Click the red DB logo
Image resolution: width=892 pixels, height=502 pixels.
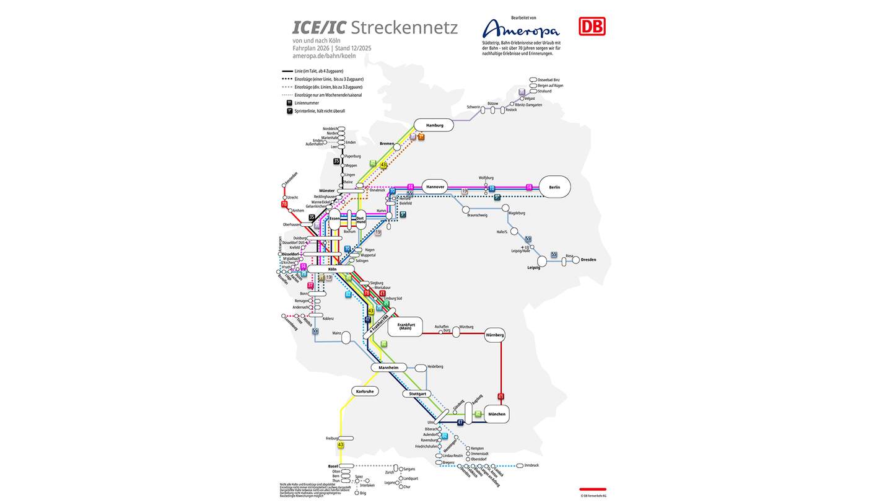click(x=592, y=26)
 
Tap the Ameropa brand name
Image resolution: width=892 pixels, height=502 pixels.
click(x=520, y=29)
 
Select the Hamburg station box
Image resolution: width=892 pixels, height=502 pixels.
click(x=434, y=125)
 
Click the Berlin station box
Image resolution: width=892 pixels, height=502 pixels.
click(x=554, y=187)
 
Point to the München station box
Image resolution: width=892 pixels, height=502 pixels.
click(x=496, y=414)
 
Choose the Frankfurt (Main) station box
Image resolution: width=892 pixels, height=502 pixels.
click(x=405, y=326)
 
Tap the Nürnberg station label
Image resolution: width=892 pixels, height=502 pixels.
click(x=495, y=335)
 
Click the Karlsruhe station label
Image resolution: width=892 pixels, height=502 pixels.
click(x=364, y=391)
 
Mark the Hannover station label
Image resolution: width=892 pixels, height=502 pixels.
click(x=435, y=187)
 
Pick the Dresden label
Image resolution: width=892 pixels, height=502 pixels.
click(x=588, y=260)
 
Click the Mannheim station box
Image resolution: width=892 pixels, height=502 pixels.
click(x=389, y=368)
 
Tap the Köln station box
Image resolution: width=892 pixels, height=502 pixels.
click(x=332, y=269)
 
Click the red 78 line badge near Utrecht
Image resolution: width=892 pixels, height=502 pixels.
click(x=284, y=204)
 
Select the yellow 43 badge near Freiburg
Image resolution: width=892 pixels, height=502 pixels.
click(x=341, y=445)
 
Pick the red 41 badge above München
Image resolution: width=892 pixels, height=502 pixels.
click(x=501, y=396)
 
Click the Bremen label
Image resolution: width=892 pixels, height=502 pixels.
click(x=387, y=144)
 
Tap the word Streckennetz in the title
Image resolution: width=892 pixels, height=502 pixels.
click(x=404, y=28)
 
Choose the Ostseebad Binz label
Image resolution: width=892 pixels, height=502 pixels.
click(x=548, y=80)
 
